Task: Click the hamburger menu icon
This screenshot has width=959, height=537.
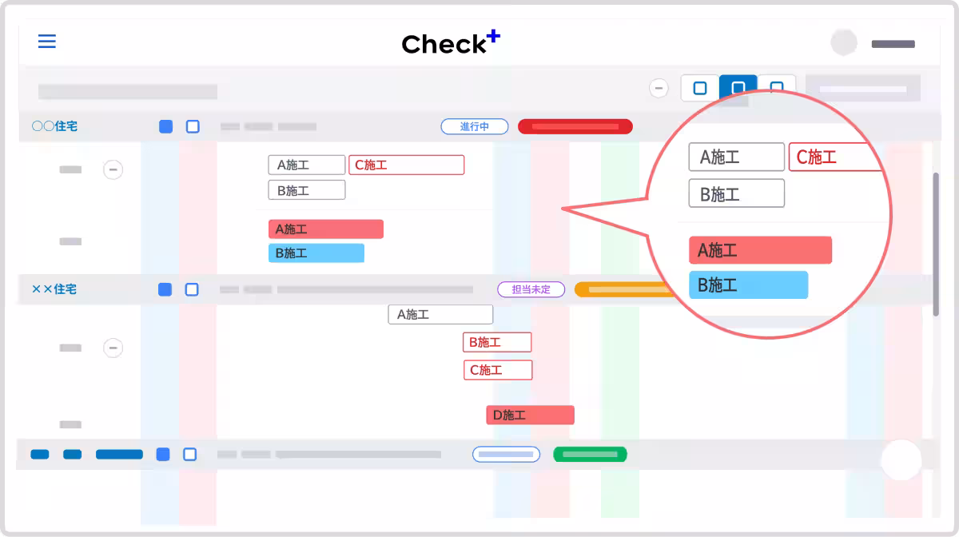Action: coord(47,41)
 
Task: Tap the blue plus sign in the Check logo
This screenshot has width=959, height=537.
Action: coord(493,36)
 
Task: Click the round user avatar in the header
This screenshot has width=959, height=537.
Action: coord(843,43)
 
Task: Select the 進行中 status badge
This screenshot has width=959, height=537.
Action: coord(475,126)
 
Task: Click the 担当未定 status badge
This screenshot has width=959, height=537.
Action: coord(531,289)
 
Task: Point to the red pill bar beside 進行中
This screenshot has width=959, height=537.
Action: coord(575,126)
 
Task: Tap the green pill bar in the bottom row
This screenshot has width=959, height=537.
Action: coord(590,455)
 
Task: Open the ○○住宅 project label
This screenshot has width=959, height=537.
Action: coord(54,126)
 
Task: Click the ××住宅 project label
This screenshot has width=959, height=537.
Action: coord(54,289)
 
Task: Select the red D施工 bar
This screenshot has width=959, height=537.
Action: coord(530,415)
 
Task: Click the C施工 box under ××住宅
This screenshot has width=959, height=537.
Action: coord(498,370)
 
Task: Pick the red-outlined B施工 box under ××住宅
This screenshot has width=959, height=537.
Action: coord(497,342)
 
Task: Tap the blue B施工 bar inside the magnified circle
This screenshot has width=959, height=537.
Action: coord(748,284)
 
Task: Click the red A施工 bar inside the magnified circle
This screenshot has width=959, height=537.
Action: coord(760,250)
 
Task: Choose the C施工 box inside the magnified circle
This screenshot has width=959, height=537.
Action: coord(835,157)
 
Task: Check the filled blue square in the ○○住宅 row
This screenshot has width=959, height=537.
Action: coord(165,126)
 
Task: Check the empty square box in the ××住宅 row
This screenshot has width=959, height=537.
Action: coord(192,289)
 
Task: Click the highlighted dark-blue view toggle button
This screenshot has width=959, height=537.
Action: coord(738,87)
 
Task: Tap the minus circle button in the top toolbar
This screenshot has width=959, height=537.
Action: coord(659,88)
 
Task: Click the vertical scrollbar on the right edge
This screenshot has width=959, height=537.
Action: coord(937,244)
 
